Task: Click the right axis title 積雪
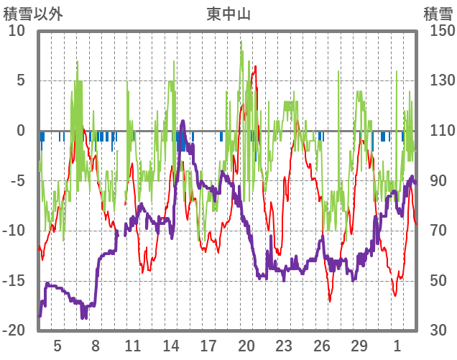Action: [x=438, y=14]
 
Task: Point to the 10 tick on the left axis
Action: [x=17, y=32]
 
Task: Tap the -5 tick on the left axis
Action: [x=17, y=181]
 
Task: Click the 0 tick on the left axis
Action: [x=20, y=131]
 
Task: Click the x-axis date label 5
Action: [x=57, y=345]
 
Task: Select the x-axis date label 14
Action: [x=170, y=345]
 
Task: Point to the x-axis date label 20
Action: [x=246, y=345]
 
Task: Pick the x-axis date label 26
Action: [x=322, y=345]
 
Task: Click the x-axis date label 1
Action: [x=397, y=345]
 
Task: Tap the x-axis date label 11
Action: [x=133, y=345]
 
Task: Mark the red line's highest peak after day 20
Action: [x=254, y=66]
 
